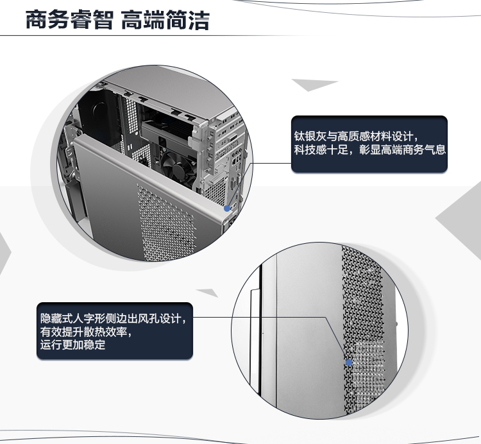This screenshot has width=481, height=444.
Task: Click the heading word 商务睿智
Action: [70, 20]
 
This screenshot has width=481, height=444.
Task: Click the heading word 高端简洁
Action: [165, 20]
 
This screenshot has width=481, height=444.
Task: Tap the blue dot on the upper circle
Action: [227, 209]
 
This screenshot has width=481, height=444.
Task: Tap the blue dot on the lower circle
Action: [349, 363]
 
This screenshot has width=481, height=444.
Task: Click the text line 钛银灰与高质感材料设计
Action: [356, 136]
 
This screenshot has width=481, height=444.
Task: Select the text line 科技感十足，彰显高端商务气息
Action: [369, 149]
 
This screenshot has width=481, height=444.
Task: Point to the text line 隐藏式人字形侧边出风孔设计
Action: [113, 318]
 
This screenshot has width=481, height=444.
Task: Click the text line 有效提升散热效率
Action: [86, 332]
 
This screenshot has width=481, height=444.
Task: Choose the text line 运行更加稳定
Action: [72, 345]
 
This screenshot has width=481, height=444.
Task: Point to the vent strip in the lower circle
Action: [364, 330]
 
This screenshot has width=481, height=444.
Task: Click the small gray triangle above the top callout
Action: [314, 84]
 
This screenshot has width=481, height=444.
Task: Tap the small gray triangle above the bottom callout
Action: [208, 293]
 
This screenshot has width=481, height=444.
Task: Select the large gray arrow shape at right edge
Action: [460, 219]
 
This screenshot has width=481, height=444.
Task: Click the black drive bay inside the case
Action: [98, 115]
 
